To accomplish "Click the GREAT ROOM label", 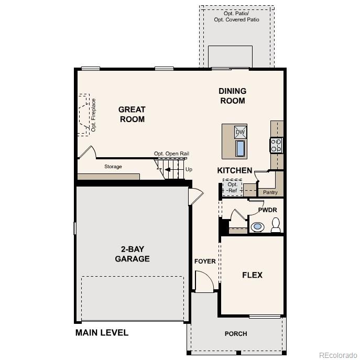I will coord(132,114).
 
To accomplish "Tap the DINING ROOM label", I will coord(232,96).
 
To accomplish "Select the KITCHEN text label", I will coord(235,170).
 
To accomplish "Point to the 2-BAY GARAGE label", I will coord(132,254).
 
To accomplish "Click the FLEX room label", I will coord(252,275).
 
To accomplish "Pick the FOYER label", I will coord(205,261).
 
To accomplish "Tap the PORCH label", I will coord(235,334).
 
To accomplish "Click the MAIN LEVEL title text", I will coord(102,333).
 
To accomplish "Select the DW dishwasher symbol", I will coord(240,132).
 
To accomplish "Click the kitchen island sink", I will coord(240,149).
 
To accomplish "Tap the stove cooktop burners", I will coord(276,145).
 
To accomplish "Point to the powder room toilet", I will coord(276,225).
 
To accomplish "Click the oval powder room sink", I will coord(257,227).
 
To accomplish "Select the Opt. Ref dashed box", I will coord(232,187).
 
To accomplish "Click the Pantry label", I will coord(270,192).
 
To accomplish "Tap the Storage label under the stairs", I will coord(113,167).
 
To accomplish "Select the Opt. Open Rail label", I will coord(171,154).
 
